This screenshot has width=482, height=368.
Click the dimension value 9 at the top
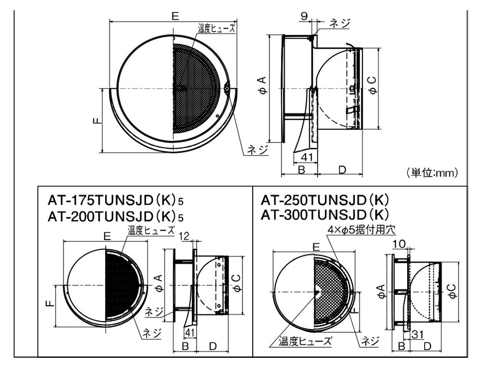point(304,16)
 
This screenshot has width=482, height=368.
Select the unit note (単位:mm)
point(433,173)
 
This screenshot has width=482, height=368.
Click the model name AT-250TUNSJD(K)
point(324,200)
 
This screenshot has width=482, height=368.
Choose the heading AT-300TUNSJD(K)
point(324,214)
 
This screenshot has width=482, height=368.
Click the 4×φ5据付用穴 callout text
point(361,229)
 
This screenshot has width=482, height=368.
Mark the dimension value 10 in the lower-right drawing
point(399,244)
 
